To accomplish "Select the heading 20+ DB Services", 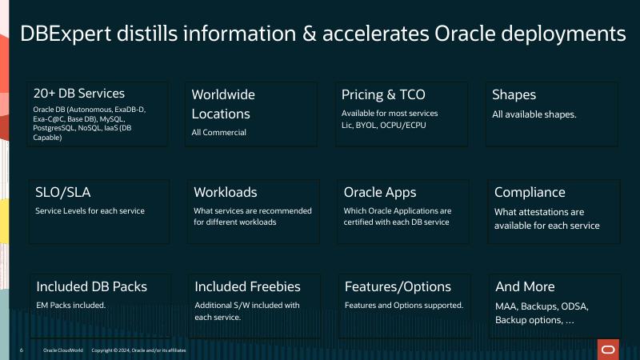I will pos(79,94).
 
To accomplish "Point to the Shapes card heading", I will pos(514,94).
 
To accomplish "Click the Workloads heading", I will pos(226,192).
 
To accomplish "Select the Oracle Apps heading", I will pos(380,192).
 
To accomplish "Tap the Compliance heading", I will pos(530,192).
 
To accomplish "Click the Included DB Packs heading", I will pos(92,286).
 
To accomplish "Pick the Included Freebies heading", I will pos(248,286).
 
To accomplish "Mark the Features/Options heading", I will pos(398,286).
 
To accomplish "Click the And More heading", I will pos(525,286).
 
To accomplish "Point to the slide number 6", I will pos(22,350).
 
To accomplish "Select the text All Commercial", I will pos(218,132).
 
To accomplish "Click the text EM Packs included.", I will pos(70,306).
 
